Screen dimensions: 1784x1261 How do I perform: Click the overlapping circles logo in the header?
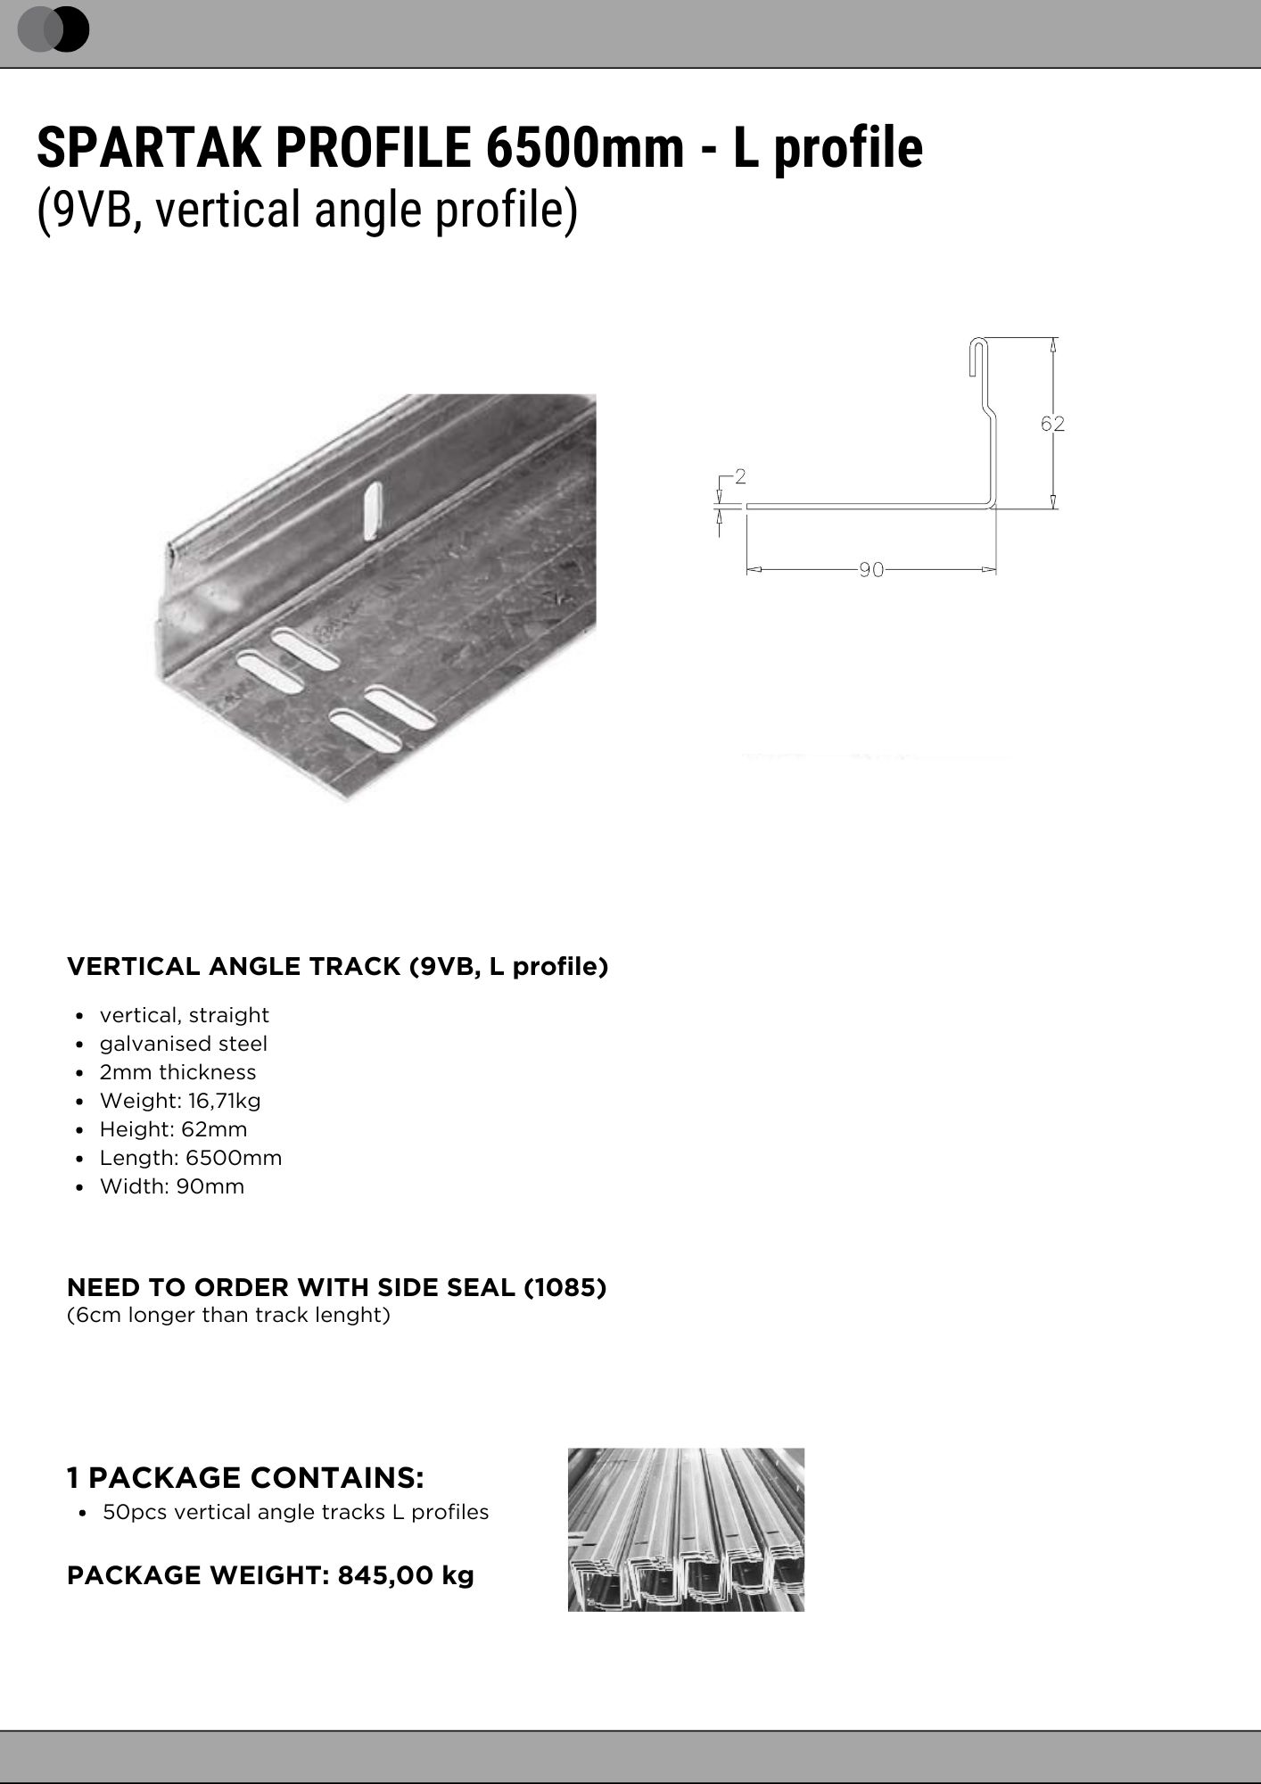tap(54, 29)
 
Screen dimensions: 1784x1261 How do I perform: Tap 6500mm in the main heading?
tap(584, 148)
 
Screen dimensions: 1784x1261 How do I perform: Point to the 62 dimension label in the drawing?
tap(1052, 424)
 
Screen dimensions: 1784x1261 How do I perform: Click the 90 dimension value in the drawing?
tap(871, 570)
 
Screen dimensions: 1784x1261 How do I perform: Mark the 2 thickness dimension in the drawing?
tap(740, 477)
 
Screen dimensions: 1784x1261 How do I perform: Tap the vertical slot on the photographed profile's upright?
tap(373, 510)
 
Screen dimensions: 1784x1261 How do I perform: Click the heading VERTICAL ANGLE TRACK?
tap(235, 967)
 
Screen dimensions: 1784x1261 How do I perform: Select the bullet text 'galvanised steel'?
tap(183, 1044)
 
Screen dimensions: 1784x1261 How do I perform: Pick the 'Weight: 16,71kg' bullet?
tap(179, 1101)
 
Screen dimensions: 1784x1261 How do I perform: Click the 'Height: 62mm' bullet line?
tap(173, 1129)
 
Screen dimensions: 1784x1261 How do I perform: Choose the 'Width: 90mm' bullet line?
tap(171, 1186)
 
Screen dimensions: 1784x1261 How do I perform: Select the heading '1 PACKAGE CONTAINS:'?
tap(245, 1478)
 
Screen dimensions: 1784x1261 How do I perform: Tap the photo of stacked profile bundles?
tap(686, 1530)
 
